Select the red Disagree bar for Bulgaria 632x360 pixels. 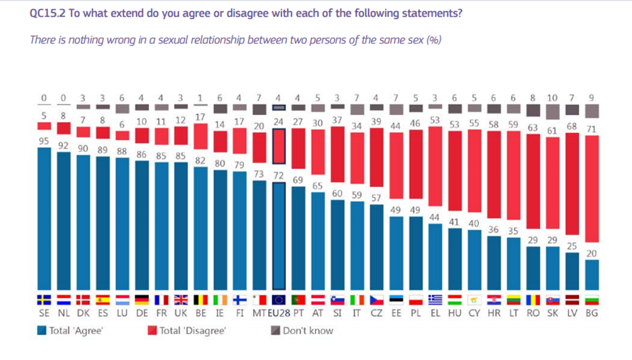(591, 188)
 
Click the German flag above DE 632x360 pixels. (141, 300)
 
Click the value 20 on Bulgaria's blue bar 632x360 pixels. (591, 253)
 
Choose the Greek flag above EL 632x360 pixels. (435, 300)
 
